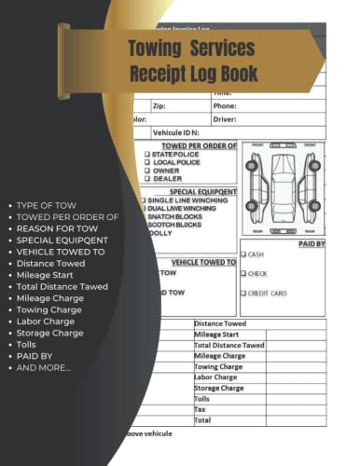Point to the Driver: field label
[x=226, y=119]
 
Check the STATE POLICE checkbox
[x=146, y=155]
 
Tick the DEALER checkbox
[x=146, y=177]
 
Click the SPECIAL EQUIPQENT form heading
[x=201, y=191]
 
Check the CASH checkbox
[x=244, y=254]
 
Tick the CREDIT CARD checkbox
[x=244, y=294]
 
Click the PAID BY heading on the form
[x=311, y=242]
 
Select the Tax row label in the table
[x=201, y=408]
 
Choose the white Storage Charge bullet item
[x=50, y=333]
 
